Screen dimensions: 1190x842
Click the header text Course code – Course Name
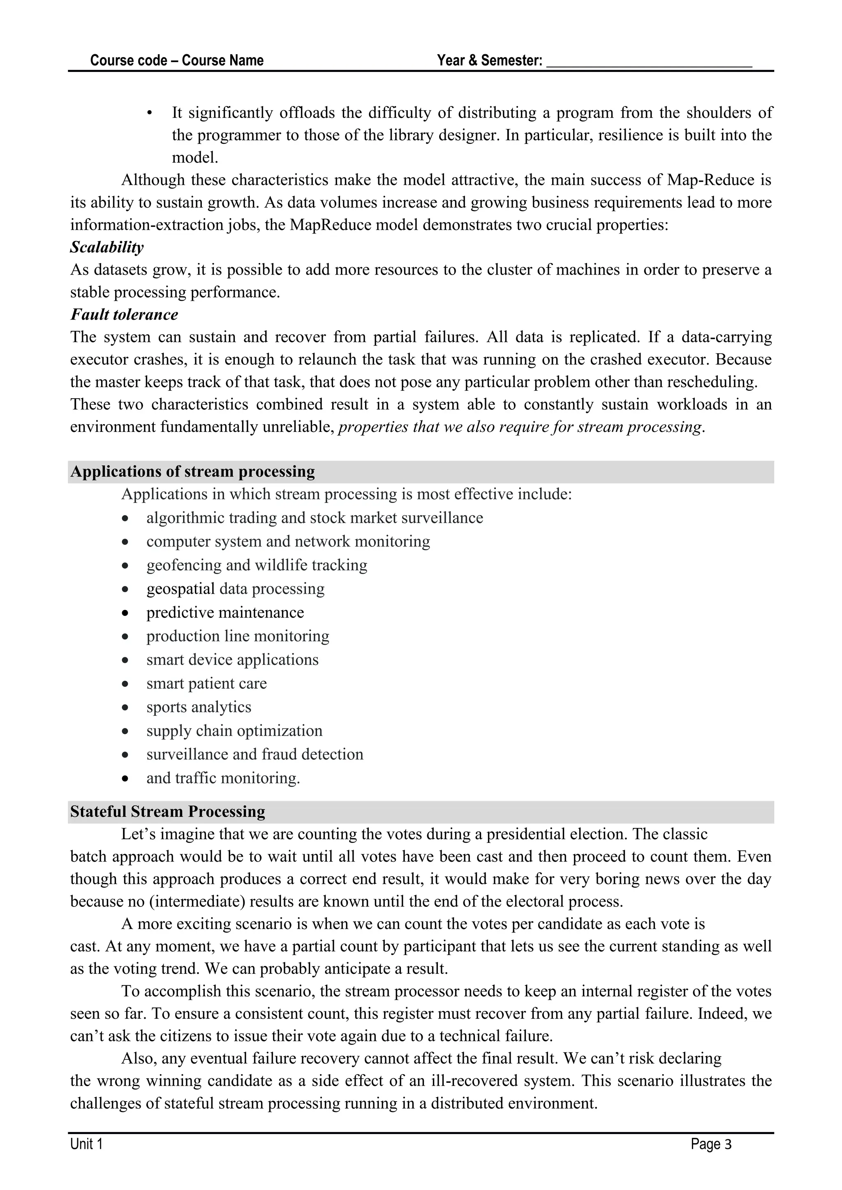[177, 61]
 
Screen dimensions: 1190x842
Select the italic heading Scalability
[107, 247]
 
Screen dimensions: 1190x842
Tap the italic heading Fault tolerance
[124, 315]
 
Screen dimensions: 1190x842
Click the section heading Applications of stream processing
[192, 472]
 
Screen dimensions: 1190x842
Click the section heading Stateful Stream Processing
[167, 812]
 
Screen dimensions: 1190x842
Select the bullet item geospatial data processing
[236, 589]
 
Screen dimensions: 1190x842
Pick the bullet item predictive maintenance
[225, 613]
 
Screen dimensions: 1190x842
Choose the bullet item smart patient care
[206, 684]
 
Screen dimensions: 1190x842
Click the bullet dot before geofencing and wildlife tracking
[125, 565]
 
